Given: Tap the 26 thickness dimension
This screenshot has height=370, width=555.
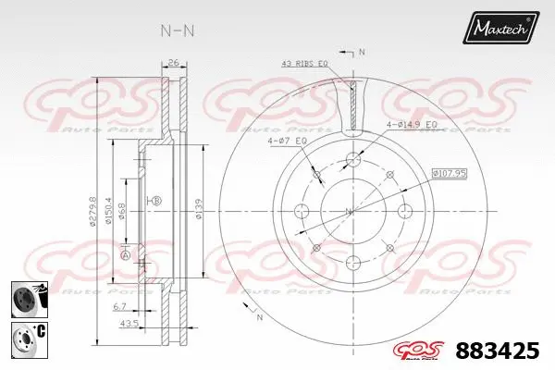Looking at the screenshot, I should pos(173,64).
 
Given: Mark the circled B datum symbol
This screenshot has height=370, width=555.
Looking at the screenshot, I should pos(156,201).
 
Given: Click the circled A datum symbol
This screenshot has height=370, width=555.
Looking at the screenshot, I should pos(125,254).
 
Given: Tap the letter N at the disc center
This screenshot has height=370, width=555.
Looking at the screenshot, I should pos(350,212).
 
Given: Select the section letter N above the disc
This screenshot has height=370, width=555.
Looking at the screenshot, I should pos(362,51).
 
